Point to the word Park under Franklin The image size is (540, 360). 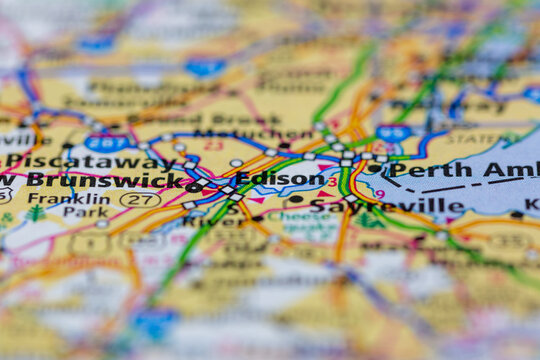[x=85, y=212]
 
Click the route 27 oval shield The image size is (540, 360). [x=140, y=200]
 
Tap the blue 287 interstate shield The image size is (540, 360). [x=106, y=142]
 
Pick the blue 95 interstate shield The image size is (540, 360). [x=394, y=133]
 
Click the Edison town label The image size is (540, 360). [x=279, y=179]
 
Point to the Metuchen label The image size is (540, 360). [x=239, y=133]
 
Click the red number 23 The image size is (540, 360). [x=213, y=144]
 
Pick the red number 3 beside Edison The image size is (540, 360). [x=332, y=182]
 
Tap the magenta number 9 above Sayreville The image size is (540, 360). [x=379, y=193]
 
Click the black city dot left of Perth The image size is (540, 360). [x=373, y=168]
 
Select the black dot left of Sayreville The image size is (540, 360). [x=295, y=199]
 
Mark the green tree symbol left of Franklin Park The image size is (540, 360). [x=37, y=213]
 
